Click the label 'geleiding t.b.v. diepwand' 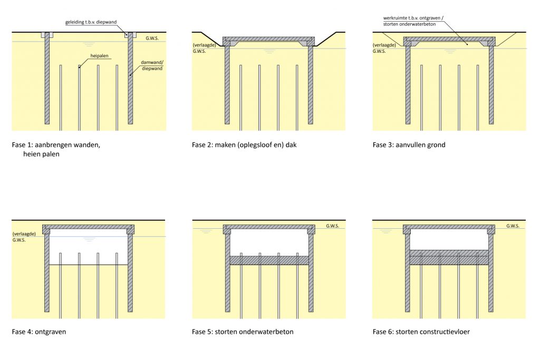[91, 22]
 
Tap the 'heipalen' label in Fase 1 [99, 56]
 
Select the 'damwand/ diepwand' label [152, 65]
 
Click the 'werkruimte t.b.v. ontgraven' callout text [413, 18]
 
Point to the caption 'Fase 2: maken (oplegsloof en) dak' [244, 145]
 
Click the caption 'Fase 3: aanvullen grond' [409, 145]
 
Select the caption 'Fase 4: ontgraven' [38, 332]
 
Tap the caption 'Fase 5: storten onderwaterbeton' [243, 332]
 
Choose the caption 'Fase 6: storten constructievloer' [421, 332]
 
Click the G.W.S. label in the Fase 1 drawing [152, 38]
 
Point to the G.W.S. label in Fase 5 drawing [332, 226]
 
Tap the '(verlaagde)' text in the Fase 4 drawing [24, 233]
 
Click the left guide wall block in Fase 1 [47, 35]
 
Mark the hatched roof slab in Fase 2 [268, 40]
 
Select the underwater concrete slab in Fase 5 [269, 260]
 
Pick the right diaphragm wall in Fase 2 [311, 85]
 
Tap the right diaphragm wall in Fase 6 [491, 273]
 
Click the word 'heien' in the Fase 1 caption [31, 154]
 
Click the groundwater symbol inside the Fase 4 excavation [89, 239]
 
